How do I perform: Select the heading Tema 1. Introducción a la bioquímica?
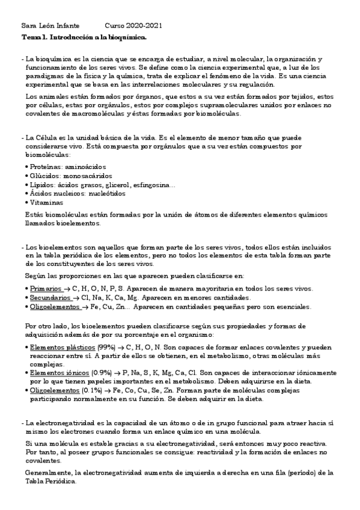84,37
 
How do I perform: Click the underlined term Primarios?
46,289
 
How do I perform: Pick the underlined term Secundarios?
50,298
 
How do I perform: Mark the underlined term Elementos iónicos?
59,373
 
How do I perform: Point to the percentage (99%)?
108,348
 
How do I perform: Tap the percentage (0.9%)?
102,373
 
